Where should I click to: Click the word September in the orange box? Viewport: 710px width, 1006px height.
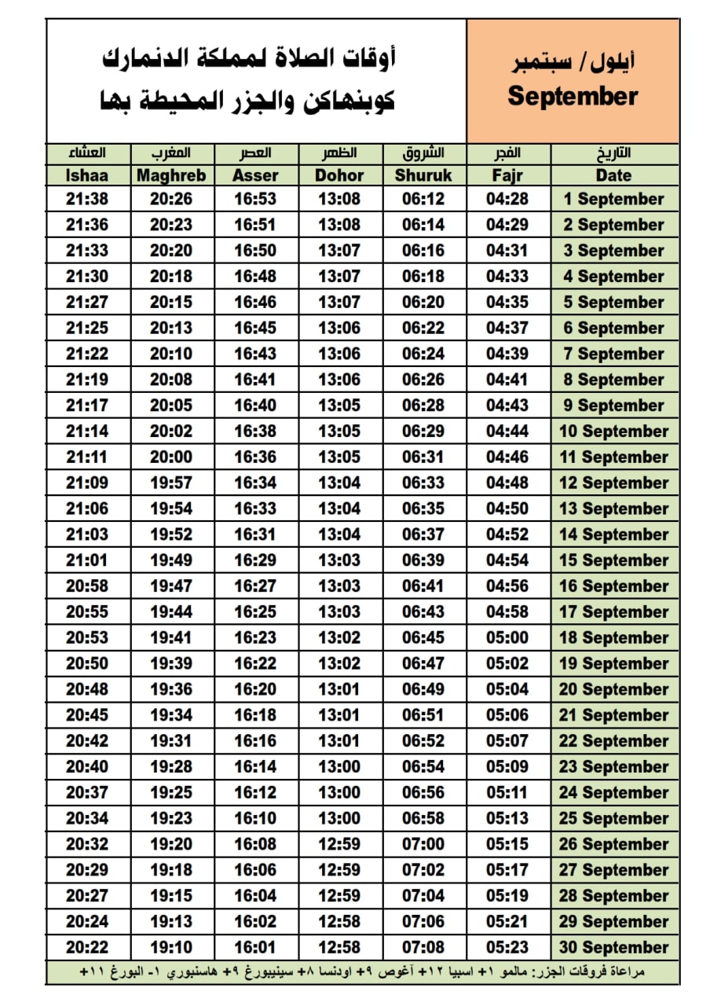(573, 97)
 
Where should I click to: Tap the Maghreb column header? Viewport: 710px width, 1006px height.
(170, 175)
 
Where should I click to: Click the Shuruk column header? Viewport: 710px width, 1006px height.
(423, 175)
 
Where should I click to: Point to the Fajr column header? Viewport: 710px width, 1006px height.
(507, 175)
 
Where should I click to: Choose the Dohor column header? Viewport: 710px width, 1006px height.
(339, 175)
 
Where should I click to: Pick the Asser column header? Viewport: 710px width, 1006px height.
(254, 175)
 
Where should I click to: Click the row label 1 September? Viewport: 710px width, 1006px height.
(613, 200)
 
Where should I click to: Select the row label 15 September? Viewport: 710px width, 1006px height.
(613, 560)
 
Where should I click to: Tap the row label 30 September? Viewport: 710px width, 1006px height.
(613, 948)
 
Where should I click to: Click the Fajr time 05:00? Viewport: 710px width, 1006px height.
(507, 637)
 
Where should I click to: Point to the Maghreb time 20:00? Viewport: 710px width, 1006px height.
(170, 457)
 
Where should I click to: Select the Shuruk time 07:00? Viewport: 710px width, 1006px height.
(423, 844)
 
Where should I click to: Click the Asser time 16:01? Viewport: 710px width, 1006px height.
(254, 948)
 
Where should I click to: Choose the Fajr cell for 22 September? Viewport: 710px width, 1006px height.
(507, 741)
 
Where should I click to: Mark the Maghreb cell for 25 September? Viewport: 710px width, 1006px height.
(170, 818)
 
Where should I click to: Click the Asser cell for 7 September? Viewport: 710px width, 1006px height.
(254, 354)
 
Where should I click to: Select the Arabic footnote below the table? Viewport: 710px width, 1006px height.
(363, 972)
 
